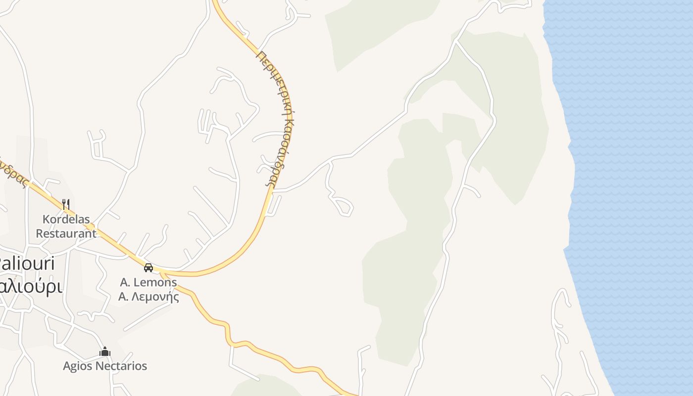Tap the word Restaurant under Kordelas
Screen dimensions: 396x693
point(66,233)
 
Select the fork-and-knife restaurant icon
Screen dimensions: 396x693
point(65,204)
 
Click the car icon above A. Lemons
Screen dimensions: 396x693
point(148,268)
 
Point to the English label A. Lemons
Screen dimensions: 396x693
point(148,283)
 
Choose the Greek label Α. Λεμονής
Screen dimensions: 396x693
point(148,297)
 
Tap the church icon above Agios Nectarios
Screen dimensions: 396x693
point(104,352)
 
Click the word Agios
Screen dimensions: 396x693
point(78,366)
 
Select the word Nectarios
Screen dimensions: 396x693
point(122,366)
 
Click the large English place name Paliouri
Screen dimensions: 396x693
point(27,263)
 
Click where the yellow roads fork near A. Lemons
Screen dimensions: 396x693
point(162,273)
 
